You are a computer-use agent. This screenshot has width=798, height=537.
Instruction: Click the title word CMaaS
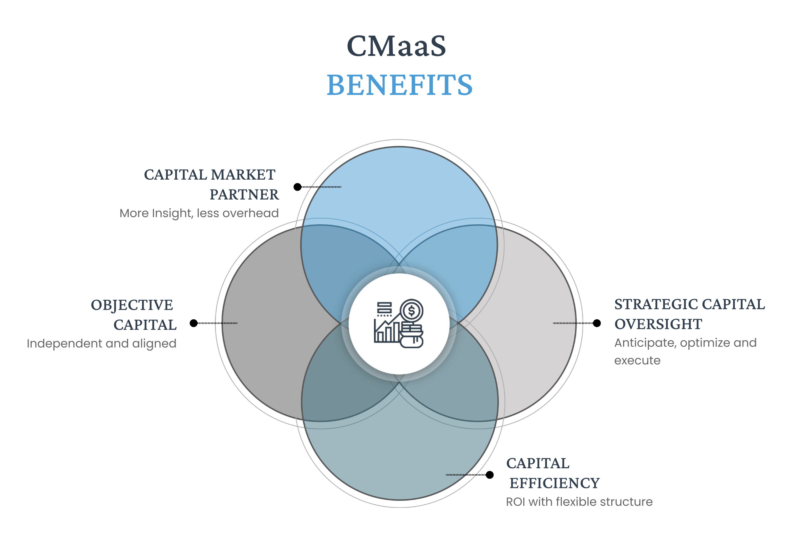tap(396, 46)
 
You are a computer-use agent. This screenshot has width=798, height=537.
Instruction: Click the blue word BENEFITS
tap(399, 85)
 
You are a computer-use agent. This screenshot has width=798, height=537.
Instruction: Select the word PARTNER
tap(244, 195)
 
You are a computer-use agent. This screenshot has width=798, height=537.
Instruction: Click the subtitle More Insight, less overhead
tap(199, 213)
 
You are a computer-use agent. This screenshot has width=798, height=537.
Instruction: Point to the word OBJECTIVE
tap(132, 305)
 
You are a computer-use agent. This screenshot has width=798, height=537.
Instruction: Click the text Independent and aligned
tap(101, 343)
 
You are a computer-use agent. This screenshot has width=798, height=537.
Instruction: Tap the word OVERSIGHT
tap(658, 324)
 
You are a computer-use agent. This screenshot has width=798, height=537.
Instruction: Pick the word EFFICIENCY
tap(555, 483)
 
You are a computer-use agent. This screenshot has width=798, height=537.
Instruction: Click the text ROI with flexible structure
tap(579, 502)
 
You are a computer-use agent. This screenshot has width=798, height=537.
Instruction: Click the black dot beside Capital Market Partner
tap(297, 187)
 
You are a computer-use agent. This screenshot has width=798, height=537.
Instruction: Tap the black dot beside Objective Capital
tap(194, 323)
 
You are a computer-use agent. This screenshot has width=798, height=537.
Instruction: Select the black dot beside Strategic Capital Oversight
tap(597, 323)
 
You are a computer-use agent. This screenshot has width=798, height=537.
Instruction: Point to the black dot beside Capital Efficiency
tap(490, 475)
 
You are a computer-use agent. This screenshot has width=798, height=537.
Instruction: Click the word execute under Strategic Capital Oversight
tap(637, 360)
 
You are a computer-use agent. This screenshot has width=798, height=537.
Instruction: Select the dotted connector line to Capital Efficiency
tap(466, 475)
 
